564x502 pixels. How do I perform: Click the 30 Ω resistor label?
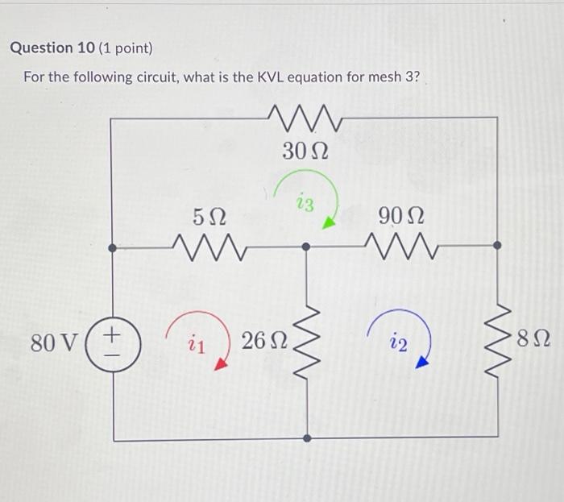tap(304, 151)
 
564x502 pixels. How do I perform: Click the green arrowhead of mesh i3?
tap(327, 223)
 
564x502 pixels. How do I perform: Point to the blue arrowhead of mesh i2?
tap(421, 364)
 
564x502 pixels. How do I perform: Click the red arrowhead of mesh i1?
tap(218, 364)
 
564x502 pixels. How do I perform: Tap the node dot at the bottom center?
tap(306, 439)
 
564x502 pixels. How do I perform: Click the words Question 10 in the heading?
tap(52, 48)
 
